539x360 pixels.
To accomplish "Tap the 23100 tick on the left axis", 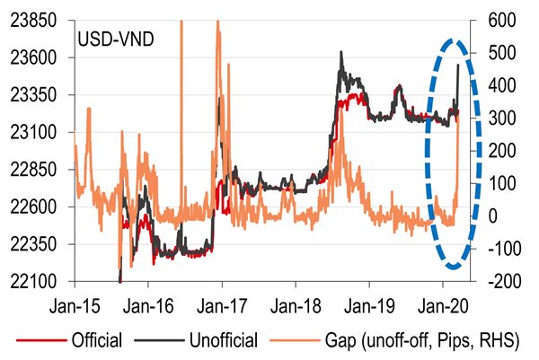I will (x=40, y=133).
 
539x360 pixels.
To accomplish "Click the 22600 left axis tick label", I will (x=40, y=207).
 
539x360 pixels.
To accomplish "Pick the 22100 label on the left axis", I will (x=40, y=282).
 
